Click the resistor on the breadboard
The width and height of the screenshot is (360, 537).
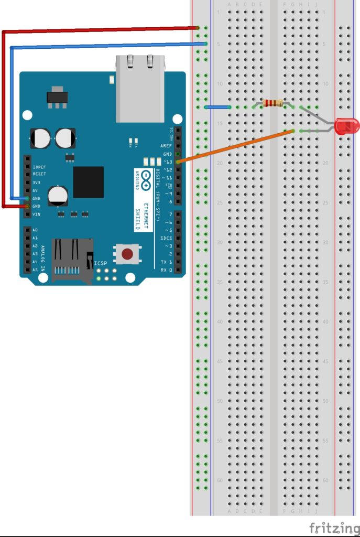[273, 103]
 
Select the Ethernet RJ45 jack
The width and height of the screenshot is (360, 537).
[140, 88]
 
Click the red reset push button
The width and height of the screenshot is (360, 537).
[127, 255]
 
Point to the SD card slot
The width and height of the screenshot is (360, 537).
[72, 260]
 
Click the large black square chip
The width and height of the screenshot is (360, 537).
[88, 182]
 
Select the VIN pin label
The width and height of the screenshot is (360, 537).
[37, 214]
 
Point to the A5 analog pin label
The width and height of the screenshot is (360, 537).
[35, 270]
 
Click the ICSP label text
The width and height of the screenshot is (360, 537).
[100, 263]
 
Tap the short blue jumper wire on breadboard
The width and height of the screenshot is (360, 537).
[217, 107]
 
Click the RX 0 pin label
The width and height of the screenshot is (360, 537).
[166, 270]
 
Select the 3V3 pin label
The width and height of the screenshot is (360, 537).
[37, 182]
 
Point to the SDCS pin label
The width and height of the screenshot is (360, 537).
[166, 238]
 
